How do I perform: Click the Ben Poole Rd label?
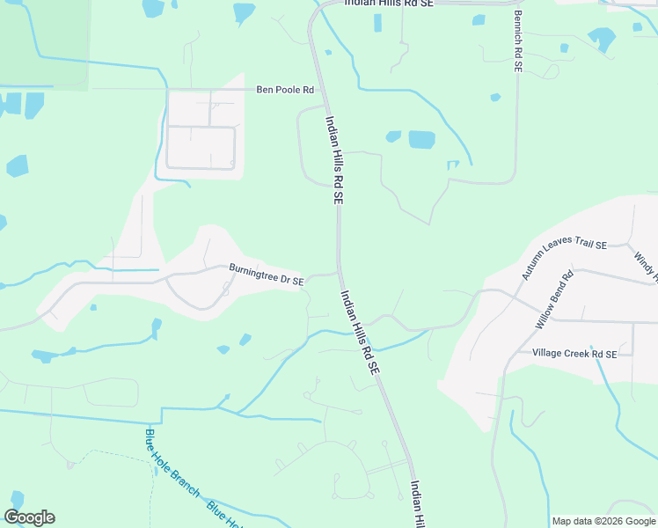click(284, 90)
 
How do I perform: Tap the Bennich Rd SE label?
click(519, 40)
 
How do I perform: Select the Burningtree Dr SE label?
click(266, 275)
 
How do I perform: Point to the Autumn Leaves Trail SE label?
click(564, 258)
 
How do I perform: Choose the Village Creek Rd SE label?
click(574, 353)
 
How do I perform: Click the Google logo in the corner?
click(29, 517)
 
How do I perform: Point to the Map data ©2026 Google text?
click(603, 521)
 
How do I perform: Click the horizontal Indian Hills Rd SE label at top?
click(389, 4)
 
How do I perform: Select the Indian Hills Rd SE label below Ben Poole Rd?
click(333, 161)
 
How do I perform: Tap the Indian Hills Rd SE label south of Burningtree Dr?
click(359, 334)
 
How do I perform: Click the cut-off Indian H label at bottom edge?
click(419, 503)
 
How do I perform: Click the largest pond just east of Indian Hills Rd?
click(421, 139)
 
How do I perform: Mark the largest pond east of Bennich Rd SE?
click(602, 39)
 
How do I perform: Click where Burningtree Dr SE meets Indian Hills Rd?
click(339, 271)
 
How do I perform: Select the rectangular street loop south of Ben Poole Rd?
click(201, 147)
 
